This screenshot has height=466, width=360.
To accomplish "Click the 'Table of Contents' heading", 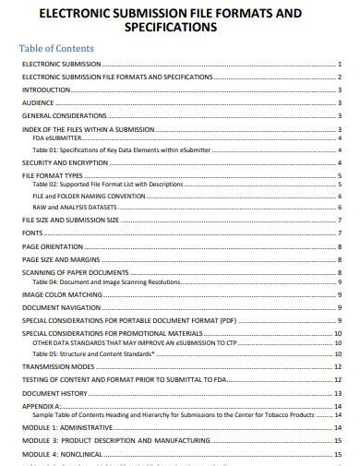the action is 58,46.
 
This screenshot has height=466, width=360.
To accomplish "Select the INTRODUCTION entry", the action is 46,90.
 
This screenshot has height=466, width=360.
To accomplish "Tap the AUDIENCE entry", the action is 39,103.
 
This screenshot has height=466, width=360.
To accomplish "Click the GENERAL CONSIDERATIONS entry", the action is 65,116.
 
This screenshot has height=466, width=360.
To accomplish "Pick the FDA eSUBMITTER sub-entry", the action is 58,138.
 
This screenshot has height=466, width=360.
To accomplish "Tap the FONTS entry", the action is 33,233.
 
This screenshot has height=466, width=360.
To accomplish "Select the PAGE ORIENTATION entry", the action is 54,246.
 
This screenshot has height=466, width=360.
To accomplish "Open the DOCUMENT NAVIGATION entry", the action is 61,306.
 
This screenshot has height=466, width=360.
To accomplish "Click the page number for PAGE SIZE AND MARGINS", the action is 341,260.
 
